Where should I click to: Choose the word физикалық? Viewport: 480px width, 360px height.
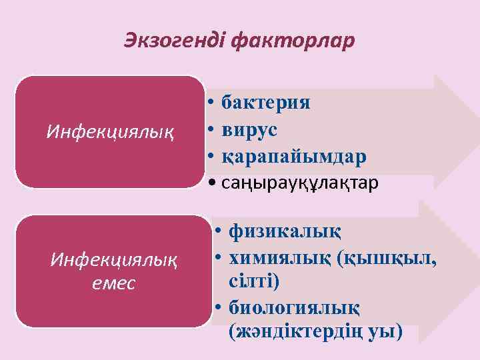point(284,231)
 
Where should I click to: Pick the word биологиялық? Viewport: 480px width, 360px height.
point(294,307)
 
